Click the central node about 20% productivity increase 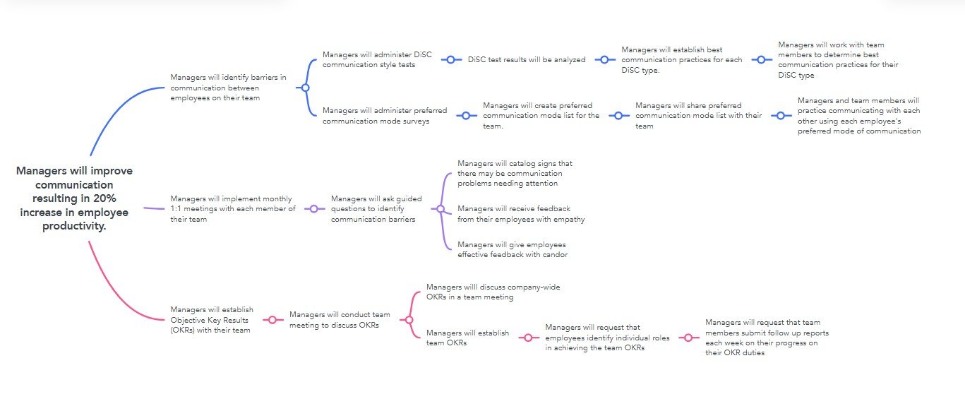click(x=74, y=198)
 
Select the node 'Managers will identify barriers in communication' click(x=228, y=88)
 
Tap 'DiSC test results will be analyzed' click(x=527, y=59)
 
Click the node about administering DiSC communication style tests click(x=377, y=59)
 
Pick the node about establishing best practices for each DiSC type click(x=681, y=60)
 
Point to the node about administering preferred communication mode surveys click(x=385, y=115)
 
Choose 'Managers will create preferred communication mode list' click(x=541, y=115)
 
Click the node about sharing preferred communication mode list click(x=698, y=115)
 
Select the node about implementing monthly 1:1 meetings click(x=233, y=208)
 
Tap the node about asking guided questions click(x=376, y=208)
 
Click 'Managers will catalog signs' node click(x=515, y=173)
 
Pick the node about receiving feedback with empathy click(x=521, y=214)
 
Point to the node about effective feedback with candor click(x=513, y=249)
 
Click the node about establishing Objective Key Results click(x=212, y=320)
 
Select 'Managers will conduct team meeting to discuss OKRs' click(x=340, y=320)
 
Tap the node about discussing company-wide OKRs click(x=493, y=292)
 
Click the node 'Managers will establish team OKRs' click(x=467, y=338)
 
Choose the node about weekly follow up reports click(x=767, y=338)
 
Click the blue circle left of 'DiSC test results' click(x=450, y=59)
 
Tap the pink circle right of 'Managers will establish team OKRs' click(x=528, y=338)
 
